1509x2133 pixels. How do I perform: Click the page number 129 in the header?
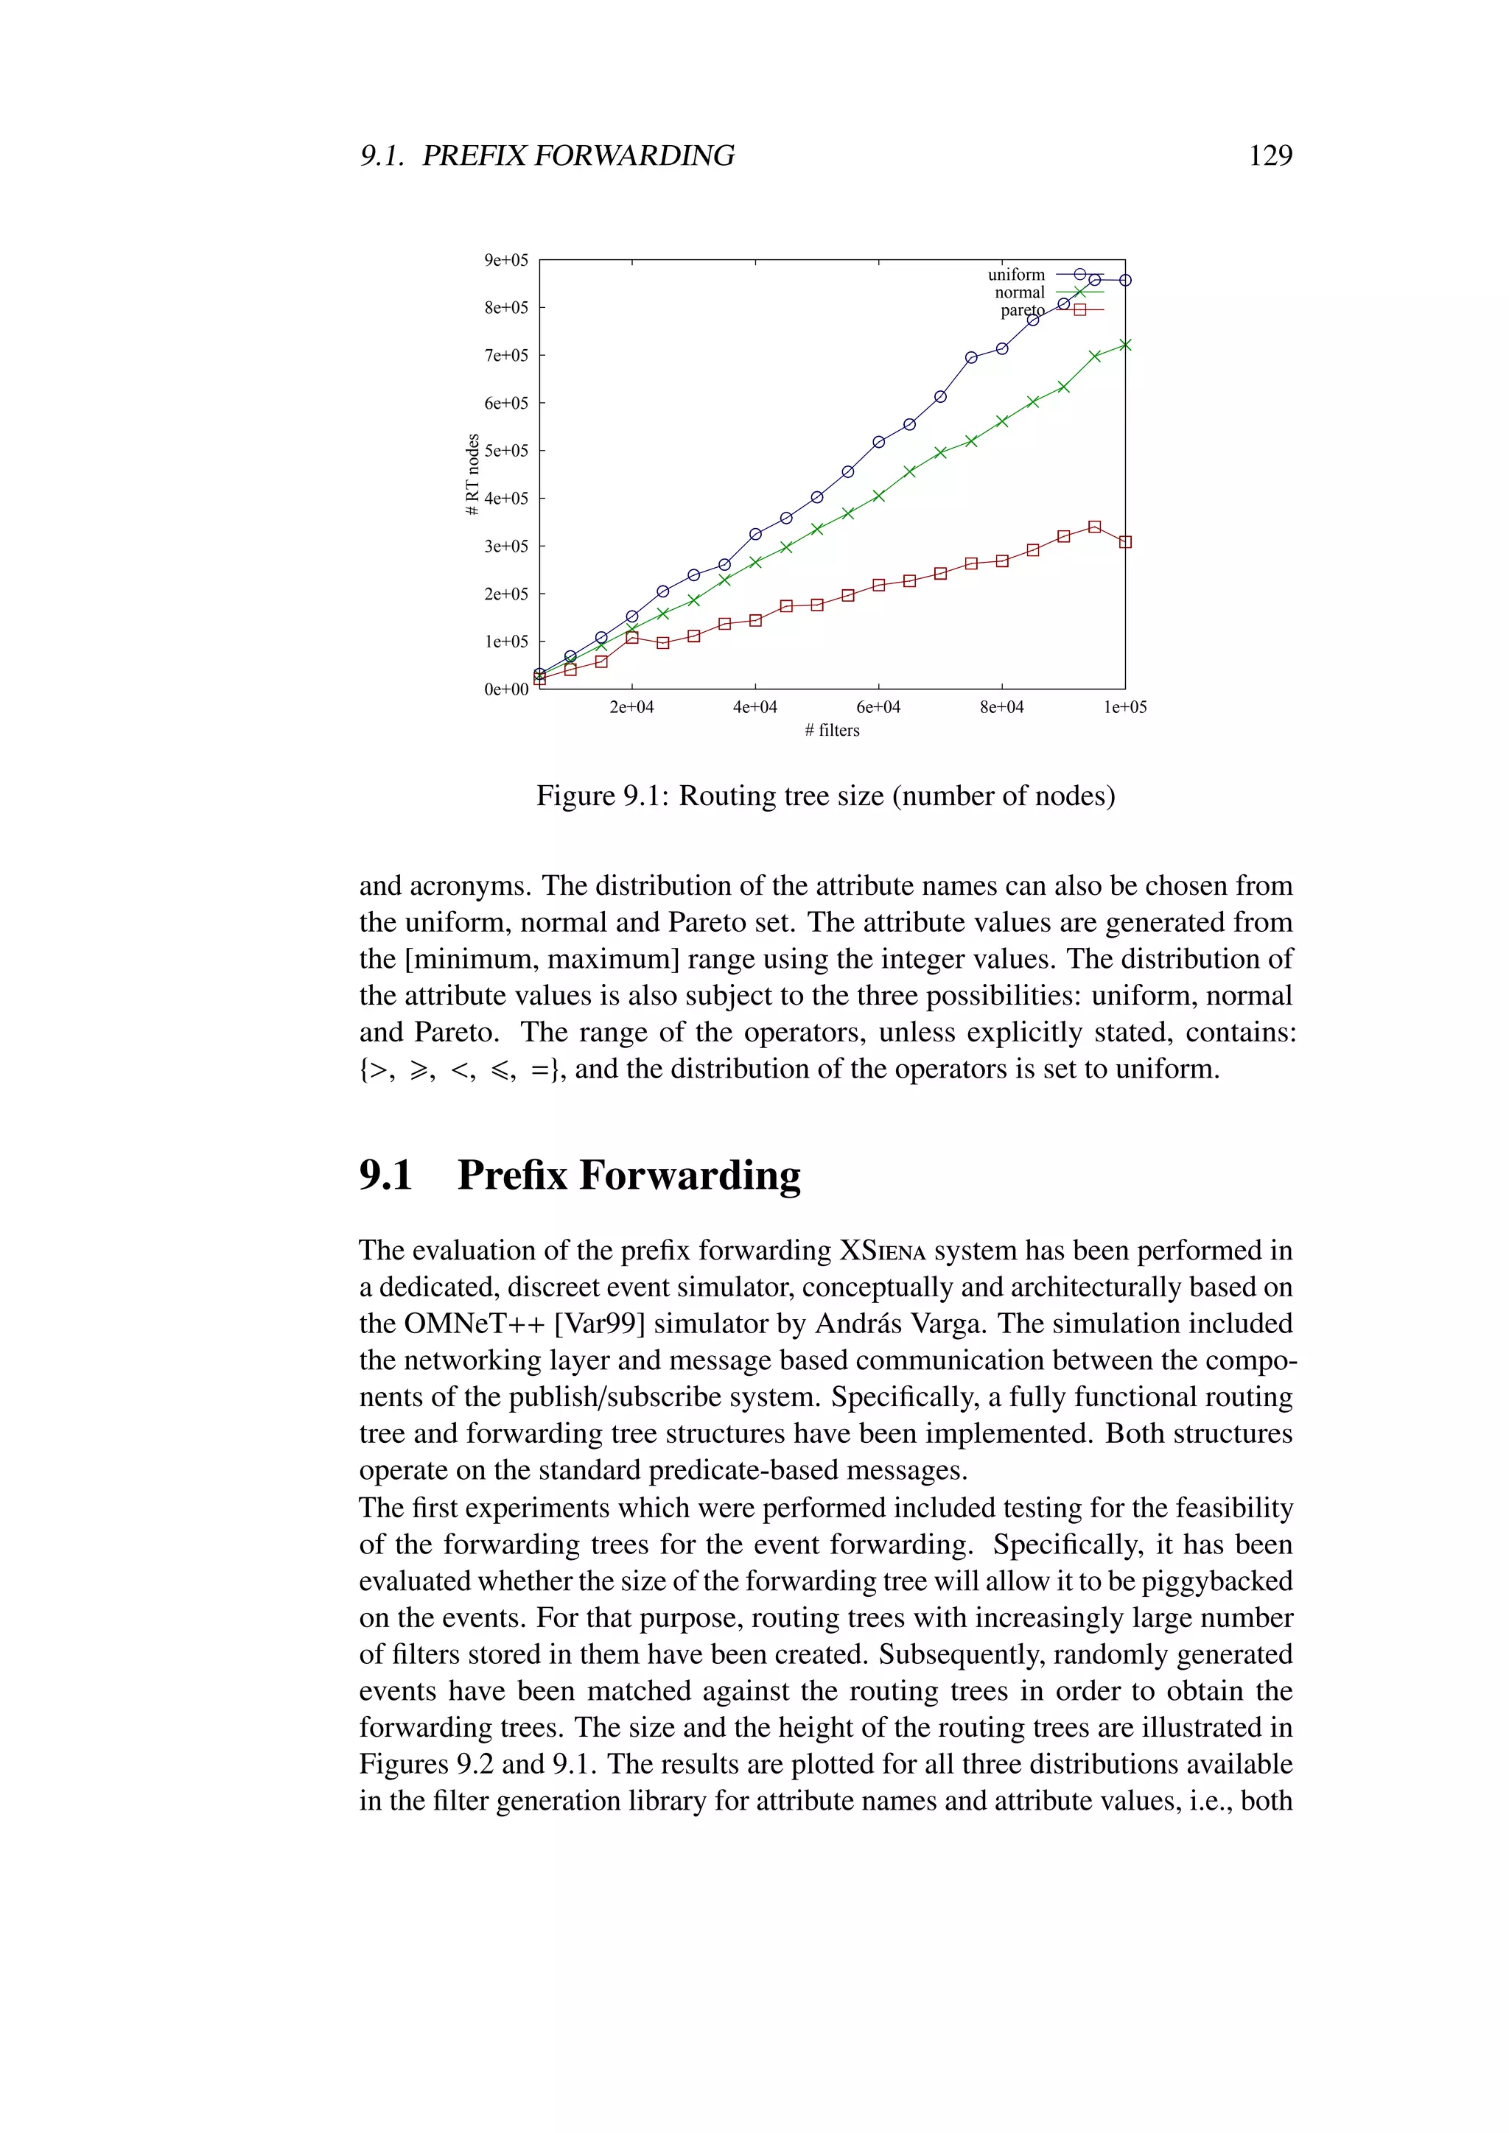[x=1270, y=155]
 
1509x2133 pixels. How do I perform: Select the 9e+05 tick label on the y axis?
[x=505, y=260]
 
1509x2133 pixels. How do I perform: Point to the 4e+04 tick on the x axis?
[x=754, y=707]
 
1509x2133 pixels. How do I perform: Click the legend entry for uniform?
[x=1017, y=275]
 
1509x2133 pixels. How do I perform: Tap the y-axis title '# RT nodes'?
[x=473, y=475]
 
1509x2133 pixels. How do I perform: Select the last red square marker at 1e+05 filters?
[x=1125, y=541]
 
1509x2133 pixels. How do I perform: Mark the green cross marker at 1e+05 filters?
[x=1125, y=345]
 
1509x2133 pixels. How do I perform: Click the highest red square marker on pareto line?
[x=1095, y=527]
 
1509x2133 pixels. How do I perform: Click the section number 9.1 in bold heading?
[x=385, y=1176]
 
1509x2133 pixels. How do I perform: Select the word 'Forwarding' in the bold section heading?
[x=690, y=1176]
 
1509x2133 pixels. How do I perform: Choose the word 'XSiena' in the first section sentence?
[x=883, y=1251]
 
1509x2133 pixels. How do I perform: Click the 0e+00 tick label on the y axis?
[x=505, y=689]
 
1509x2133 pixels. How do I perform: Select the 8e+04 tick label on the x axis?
[x=1001, y=707]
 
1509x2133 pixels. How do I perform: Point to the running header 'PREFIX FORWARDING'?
[x=578, y=155]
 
